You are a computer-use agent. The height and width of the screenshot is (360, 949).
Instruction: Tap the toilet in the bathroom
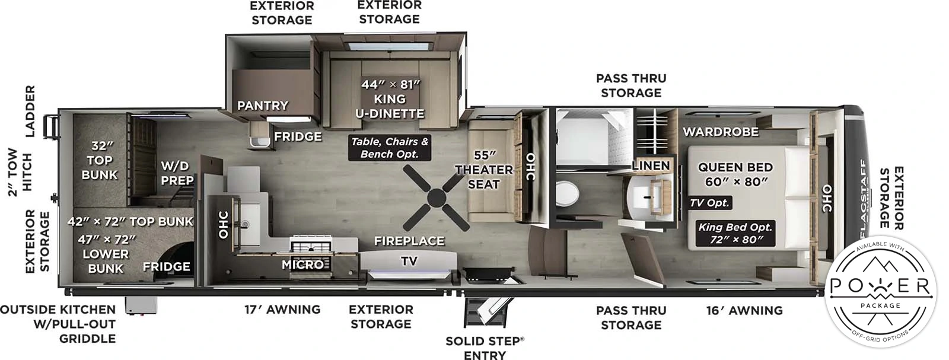click(x=567, y=193)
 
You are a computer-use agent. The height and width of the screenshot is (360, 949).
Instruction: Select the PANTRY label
click(x=263, y=106)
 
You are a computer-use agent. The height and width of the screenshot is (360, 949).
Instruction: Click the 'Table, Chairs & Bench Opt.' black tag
click(x=389, y=148)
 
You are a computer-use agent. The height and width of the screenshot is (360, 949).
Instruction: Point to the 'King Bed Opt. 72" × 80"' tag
click(x=735, y=233)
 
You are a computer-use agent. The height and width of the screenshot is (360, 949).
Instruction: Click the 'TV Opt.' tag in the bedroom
click(x=709, y=203)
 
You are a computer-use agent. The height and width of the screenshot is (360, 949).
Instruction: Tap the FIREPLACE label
click(x=409, y=241)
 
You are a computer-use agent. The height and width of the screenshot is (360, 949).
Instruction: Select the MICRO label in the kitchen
click(x=302, y=265)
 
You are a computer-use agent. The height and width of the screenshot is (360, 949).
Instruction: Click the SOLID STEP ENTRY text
click(x=485, y=348)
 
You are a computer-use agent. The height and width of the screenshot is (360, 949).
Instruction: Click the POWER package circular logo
click(x=880, y=291)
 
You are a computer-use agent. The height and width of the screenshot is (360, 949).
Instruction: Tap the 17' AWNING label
click(x=282, y=310)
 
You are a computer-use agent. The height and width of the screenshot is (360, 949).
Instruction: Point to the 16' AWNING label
click(x=744, y=310)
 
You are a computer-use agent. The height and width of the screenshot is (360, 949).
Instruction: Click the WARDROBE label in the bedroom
click(x=720, y=132)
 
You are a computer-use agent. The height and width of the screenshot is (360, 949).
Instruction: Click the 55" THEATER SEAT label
click(x=484, y=170)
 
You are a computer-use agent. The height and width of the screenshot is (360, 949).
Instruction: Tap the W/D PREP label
click(x=177, y=173)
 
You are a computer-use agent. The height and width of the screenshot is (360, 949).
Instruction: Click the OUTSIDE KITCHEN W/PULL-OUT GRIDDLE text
click(x=58, y=324)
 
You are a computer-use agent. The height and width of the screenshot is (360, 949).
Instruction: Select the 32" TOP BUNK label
click(x=100, y=160)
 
